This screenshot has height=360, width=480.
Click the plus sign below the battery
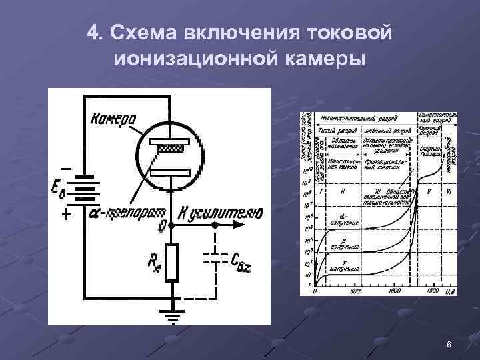click(65, 215)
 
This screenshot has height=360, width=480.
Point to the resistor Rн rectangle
click(172, 261)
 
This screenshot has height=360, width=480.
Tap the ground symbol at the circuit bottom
click(172, 314)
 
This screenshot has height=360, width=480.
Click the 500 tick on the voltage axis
click(355, 291)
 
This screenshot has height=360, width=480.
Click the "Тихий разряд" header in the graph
click(339, 131)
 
